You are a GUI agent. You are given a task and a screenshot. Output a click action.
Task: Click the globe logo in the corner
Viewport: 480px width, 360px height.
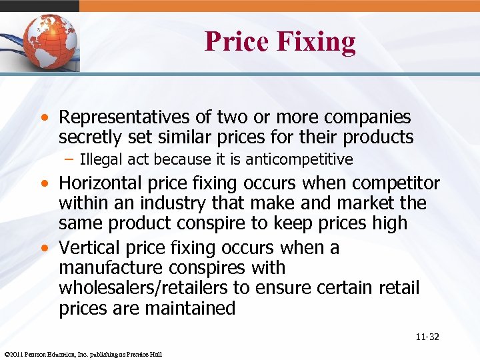pos(50,41)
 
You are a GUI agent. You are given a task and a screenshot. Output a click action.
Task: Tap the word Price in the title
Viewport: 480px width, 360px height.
pos(236,41)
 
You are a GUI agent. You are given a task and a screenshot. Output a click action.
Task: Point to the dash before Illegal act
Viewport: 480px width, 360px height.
pos(70,159)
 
